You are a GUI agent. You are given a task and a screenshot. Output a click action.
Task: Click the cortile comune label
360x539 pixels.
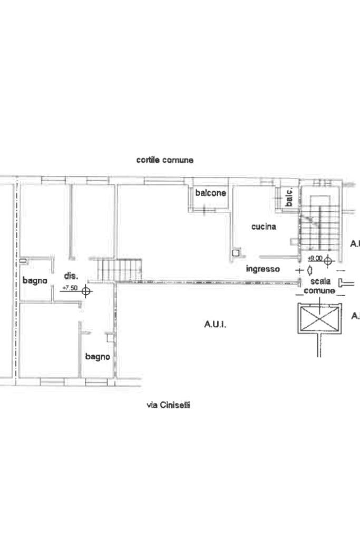tap(164, 160)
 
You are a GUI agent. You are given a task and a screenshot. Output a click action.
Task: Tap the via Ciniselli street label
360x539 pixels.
tap(168, 405)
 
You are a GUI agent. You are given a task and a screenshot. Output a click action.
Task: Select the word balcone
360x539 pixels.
tap(210, 193)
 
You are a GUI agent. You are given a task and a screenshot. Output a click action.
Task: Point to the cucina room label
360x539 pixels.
tap(264, 227)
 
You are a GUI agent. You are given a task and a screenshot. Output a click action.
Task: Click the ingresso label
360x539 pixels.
tap(262, 269)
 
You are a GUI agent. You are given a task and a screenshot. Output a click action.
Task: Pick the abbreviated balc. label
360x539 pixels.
tap(289, 197)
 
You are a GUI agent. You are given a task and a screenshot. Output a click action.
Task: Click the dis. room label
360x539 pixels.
tap(71, 276)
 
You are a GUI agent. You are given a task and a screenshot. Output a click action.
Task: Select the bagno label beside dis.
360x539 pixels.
tap(35, 281)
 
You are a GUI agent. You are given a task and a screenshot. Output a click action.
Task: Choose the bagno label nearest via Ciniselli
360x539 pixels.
tap(98, 357)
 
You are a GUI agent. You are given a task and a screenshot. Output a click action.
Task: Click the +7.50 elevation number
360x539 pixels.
tap(69, 288)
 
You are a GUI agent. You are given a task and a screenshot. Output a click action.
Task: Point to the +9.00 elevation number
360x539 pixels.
tap(315, 258)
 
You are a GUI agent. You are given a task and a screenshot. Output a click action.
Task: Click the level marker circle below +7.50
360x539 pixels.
tap(86, 290)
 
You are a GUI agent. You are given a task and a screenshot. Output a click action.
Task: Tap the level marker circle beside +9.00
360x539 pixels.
tap(328, 260)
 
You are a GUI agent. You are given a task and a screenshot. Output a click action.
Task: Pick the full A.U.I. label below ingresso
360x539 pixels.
tap(215, 325)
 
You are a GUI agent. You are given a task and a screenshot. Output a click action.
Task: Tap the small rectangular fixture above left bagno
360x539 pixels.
tap(23, 261)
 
